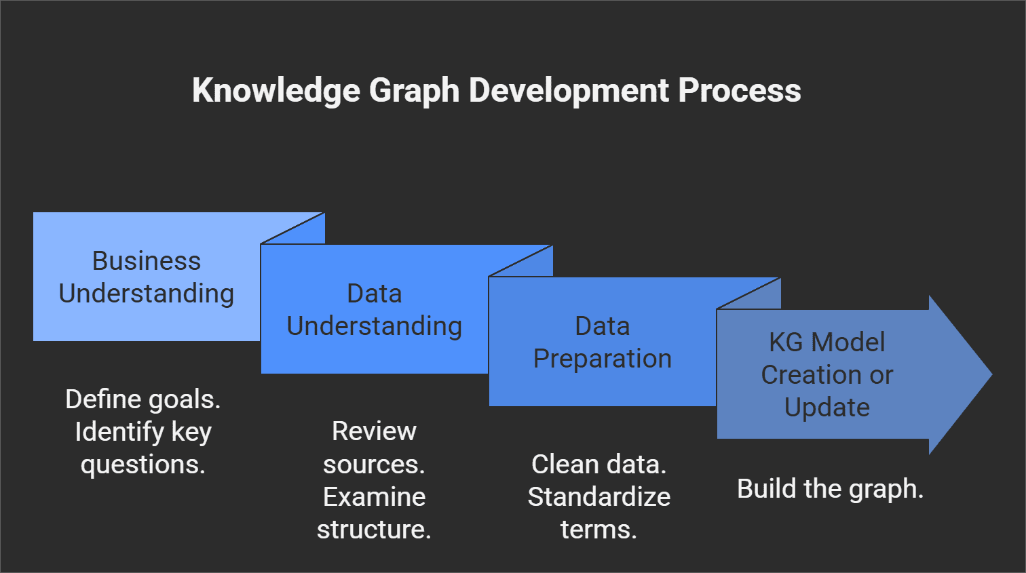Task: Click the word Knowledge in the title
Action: [x=276, y=90]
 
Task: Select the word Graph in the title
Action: [x=414, y=90]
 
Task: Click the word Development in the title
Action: [x=569, y=90]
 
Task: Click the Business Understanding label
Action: [x=147, y=277]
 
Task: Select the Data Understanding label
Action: [x=375, y=310]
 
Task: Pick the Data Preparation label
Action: [x=603, y=342]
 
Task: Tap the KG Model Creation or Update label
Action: [x=826, y=374]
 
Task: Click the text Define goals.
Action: [x=143, y=399]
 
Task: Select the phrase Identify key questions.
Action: [x=143, y=448]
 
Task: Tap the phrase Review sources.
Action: [x=374, y=448]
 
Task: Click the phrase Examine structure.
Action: [x=374, y=513]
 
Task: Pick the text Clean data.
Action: [x=598, y=465]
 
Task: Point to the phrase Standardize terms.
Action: [x=598, y=513]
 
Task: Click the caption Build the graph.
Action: [x=831, y=489]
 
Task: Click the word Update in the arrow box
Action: [x=826, y=408]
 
